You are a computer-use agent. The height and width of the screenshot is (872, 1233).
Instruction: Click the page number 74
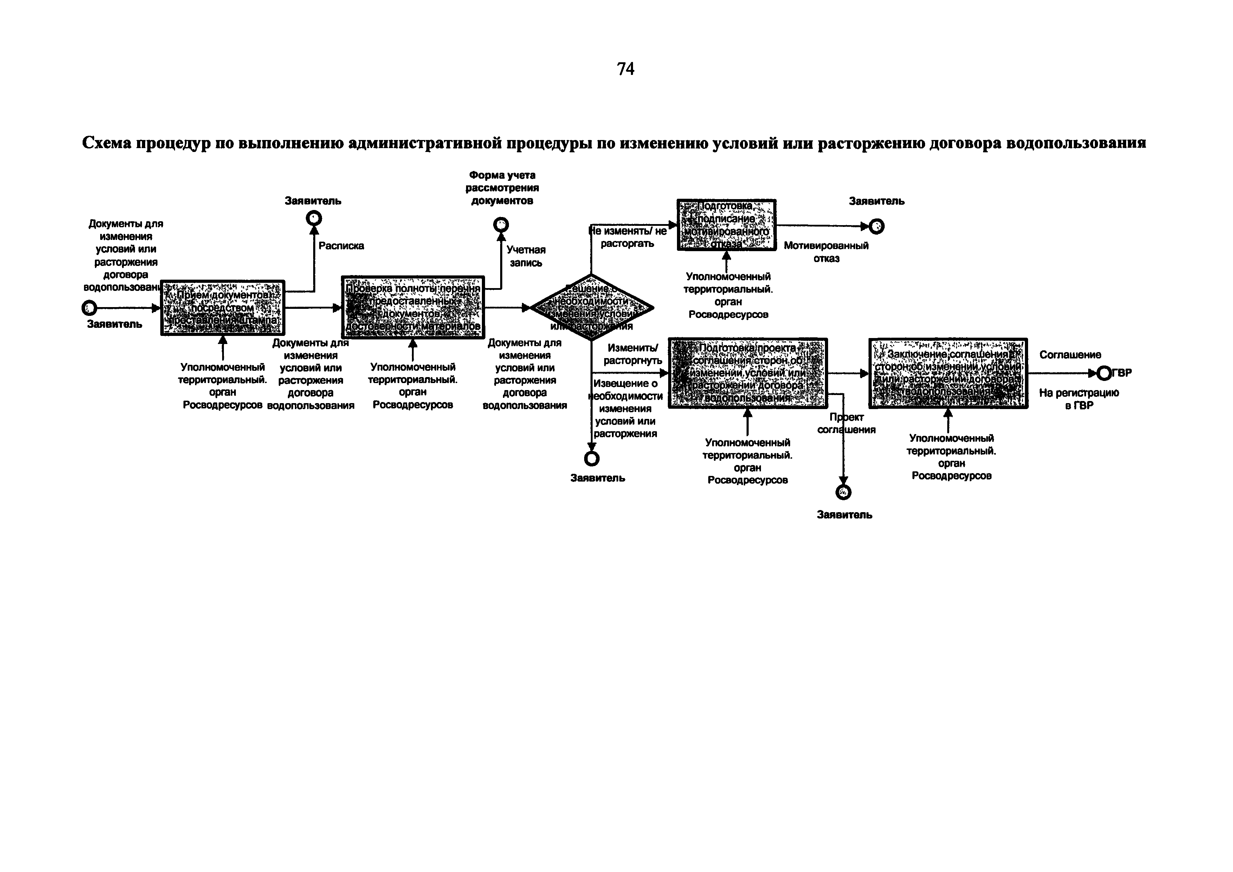(x=626, y=69)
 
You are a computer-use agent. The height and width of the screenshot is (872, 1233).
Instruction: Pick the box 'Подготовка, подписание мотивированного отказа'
(x=726, y=225)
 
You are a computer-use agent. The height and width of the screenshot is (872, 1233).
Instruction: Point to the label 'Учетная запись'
(x=526, y=256)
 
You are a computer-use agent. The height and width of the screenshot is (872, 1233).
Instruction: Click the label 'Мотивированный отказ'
(x=826, y=252)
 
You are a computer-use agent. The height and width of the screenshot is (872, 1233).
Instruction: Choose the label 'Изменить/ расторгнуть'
(x=633, y=355)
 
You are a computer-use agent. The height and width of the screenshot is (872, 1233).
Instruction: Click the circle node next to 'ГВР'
(x=1104, y=373)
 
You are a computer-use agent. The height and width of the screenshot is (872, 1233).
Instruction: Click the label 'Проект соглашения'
(x=846, y=424)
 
